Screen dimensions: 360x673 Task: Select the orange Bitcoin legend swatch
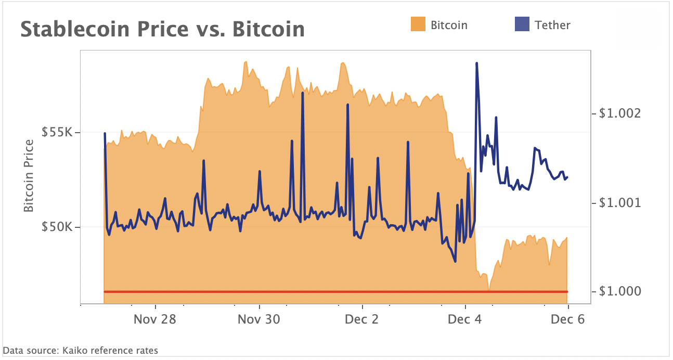418,24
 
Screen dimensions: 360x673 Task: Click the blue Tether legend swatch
522,24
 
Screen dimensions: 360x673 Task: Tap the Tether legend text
552,25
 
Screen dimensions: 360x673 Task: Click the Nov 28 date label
155,319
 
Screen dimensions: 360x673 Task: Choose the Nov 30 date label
258,319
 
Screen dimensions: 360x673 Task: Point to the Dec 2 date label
362,319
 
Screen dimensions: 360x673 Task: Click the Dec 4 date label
465,319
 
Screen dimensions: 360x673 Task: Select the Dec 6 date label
567,319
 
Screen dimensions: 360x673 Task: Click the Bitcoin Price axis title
29,176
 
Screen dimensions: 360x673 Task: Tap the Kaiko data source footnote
81,351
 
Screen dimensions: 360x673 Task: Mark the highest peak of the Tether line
476,63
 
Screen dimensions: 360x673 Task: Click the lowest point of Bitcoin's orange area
489,289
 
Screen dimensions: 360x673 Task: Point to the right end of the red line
567,292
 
